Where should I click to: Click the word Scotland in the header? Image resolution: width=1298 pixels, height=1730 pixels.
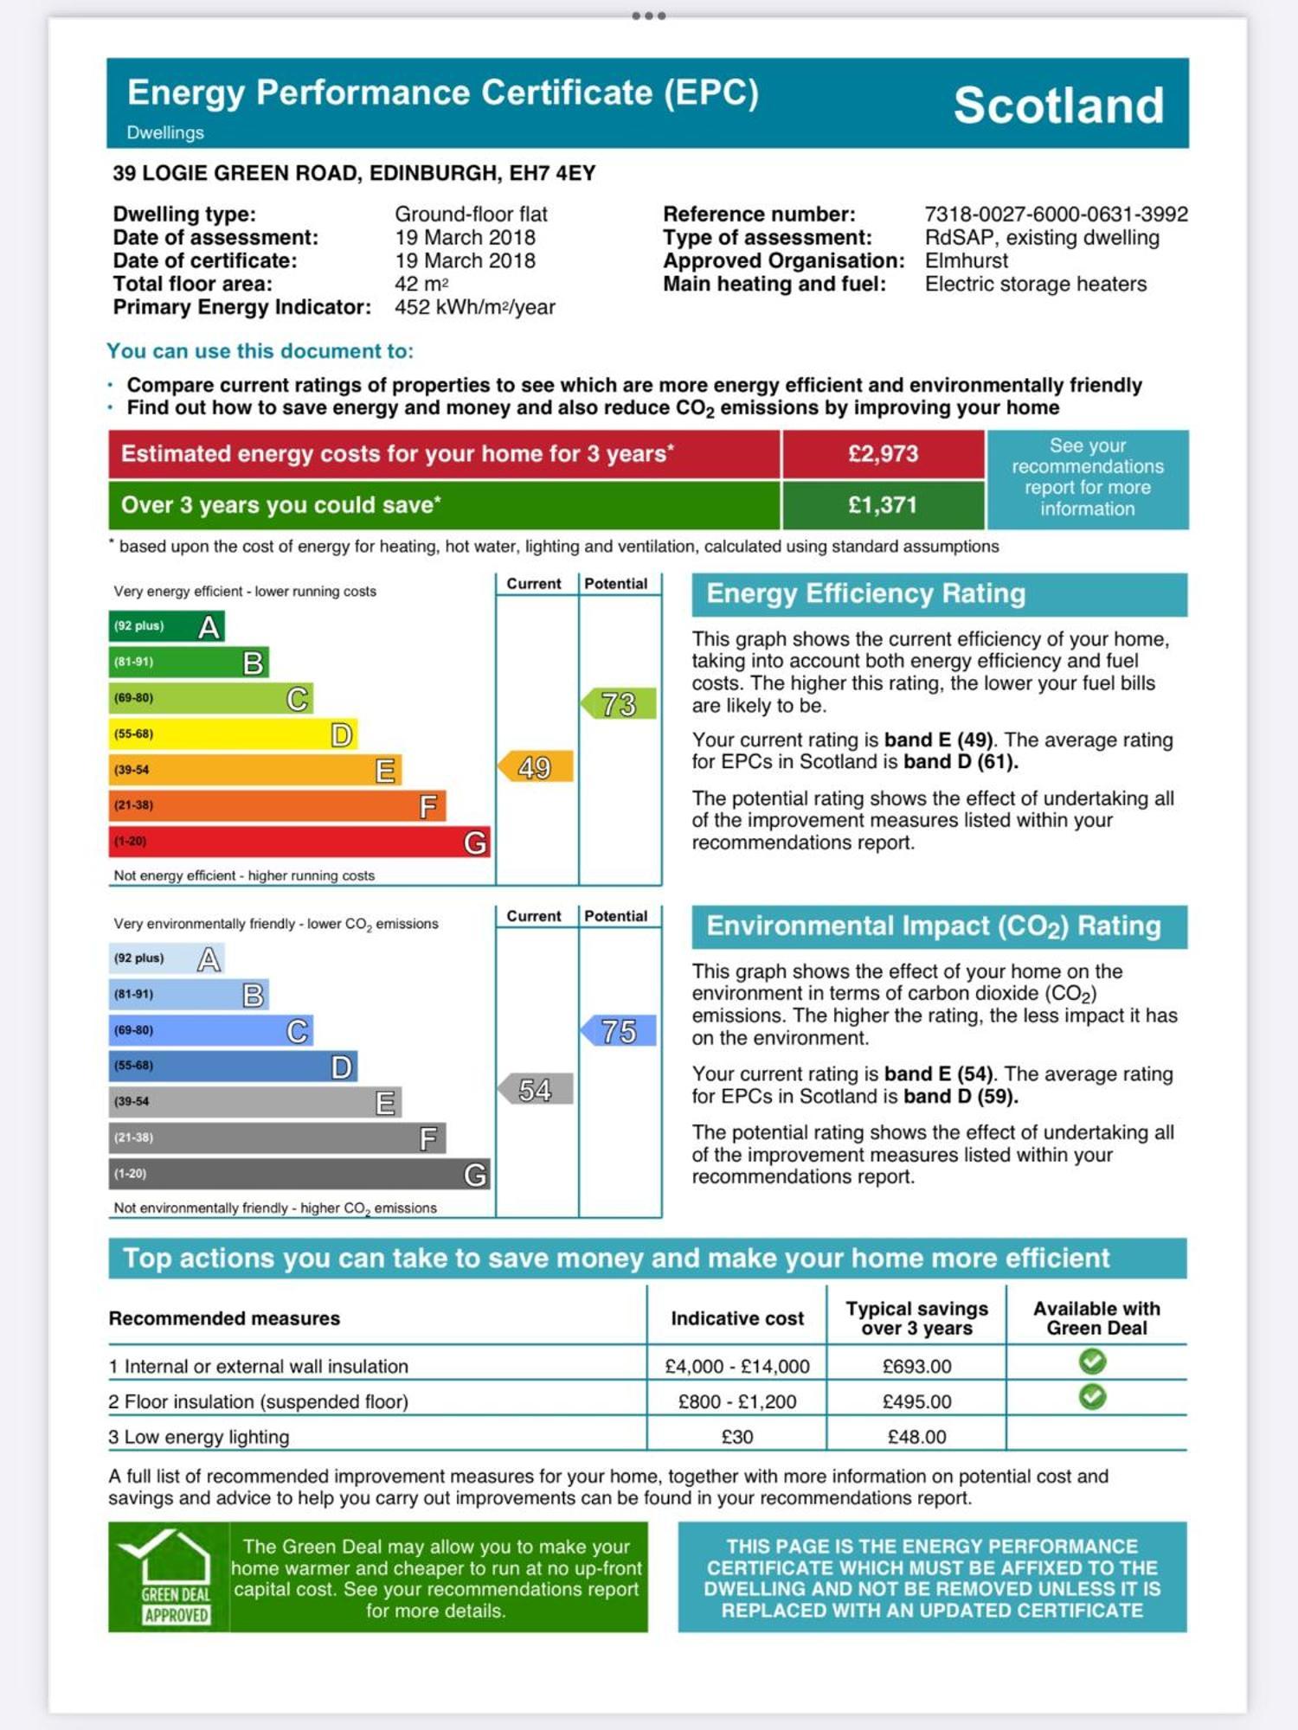[x=1058, y=106]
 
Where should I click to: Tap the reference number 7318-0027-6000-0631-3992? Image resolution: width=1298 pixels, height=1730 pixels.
[x=1056, y=214]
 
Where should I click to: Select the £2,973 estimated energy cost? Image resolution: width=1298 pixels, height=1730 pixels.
[x=883, y=454]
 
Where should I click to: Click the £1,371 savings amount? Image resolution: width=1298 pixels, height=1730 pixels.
[x=883, y=505]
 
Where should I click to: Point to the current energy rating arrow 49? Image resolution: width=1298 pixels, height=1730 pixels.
[x=536, y=767]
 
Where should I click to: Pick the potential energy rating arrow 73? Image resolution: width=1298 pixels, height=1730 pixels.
[x=618, y=704]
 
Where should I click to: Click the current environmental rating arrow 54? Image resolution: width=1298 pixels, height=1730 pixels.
[x=536, y=1090]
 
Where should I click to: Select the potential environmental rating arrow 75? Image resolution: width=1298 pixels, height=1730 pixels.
[x=618, y=1031]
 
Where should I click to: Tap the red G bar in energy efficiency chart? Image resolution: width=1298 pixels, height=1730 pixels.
[x=299, y=842]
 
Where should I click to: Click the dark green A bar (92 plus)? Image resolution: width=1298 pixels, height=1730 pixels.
[x=166, y=626]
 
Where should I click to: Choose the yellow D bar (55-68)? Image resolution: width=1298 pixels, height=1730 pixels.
[x=232, y=734]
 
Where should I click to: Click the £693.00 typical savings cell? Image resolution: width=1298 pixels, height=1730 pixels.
[x=916, y=1367]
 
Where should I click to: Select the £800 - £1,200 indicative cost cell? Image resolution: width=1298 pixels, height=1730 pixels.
[x=737, y=1401]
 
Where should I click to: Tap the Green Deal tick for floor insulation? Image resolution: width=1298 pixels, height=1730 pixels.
[x=1092, y=1397]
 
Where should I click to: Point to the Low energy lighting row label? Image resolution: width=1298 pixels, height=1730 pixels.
[x=199, y=1437]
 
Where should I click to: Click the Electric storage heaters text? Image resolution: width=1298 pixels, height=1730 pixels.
[x=1035, y=284]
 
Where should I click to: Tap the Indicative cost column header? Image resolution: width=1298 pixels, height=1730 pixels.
[x=737, y=1318]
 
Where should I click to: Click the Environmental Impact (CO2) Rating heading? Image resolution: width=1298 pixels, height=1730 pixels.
[x=933, y=926]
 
